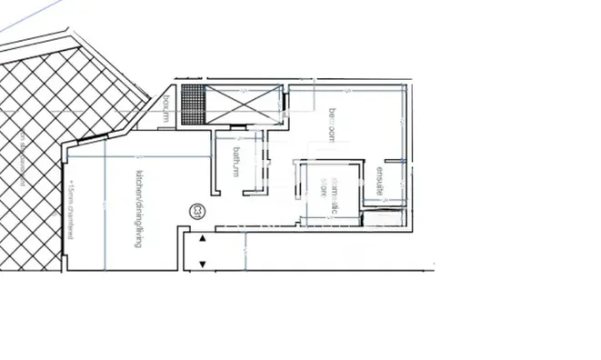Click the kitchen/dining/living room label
tap(139, 209)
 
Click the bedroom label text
tap(333, 125)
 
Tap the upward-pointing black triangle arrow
tap(203, 238)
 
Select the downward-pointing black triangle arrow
tap(203, 265)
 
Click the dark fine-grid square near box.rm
tap(192, 105)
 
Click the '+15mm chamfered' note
tap(70, 210)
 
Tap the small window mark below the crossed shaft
tap(239, 126)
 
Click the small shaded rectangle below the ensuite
tap(382, 212)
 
